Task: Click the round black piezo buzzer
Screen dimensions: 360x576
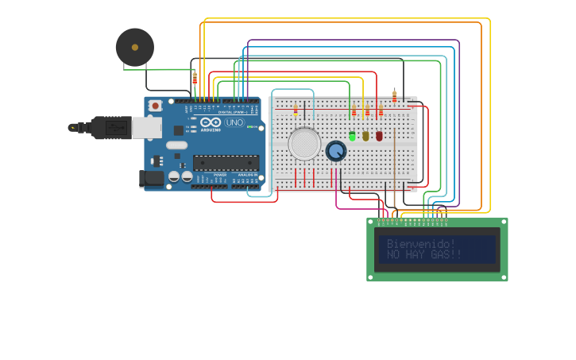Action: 135,48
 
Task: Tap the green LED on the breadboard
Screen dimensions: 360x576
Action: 352,136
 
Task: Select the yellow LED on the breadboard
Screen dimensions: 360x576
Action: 365,136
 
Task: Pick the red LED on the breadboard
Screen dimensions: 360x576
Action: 379,136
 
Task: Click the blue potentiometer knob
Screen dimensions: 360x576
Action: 336,150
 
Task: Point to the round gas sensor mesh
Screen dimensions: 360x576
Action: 304,144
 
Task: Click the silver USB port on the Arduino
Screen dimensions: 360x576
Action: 146,127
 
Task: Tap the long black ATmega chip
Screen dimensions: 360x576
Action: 226,163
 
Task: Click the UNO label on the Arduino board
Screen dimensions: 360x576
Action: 235,122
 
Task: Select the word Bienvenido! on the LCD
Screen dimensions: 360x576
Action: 421,243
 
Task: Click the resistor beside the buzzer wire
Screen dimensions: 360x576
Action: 195,78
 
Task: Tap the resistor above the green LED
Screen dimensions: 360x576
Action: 354,111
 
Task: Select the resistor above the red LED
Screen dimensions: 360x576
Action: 381,111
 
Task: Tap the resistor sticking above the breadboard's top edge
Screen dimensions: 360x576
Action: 394,95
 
